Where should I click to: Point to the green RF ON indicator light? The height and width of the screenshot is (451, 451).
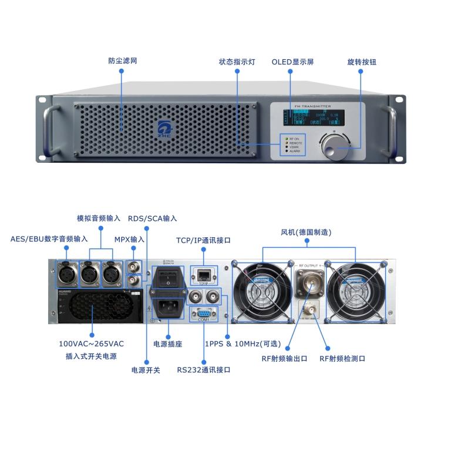[x=285, y=139]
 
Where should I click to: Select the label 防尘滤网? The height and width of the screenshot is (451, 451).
[x=123, y=60]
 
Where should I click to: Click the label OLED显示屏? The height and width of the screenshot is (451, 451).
[x=292, y=62]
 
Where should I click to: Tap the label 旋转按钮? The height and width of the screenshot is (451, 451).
[x=361, y=62]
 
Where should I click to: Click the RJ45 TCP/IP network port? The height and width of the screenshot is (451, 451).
[x=203, y=274]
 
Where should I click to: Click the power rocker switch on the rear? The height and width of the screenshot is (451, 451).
[x=169, y=280]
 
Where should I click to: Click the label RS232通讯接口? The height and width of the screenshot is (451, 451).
[x=203, y=370]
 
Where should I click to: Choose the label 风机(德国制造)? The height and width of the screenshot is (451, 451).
[x=306, y=233]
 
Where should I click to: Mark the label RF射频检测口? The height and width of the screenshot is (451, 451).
[x=342, y=358]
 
